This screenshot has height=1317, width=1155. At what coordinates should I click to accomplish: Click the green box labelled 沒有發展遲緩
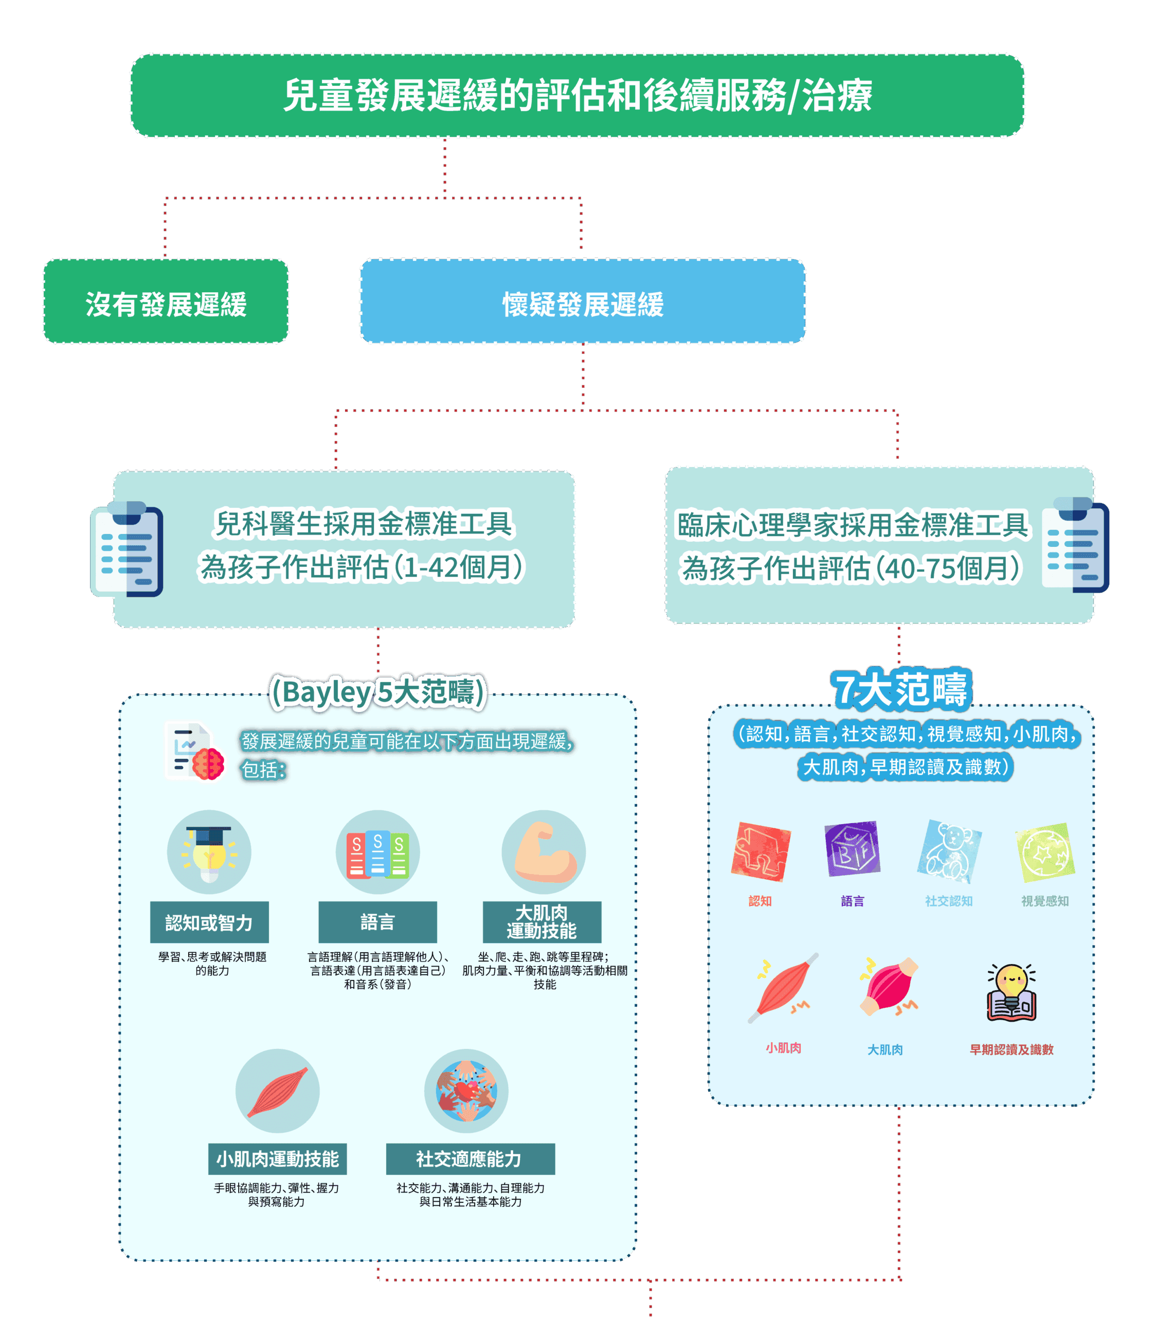point(166,301)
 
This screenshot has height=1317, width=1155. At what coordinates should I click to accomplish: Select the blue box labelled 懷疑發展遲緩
point(582,301)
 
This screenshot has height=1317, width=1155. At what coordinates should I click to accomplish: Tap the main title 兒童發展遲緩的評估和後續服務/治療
point(577,95)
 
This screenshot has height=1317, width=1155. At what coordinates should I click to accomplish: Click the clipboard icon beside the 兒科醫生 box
point(128,549)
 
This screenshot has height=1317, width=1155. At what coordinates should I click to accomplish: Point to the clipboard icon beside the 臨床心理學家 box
point(1074,546)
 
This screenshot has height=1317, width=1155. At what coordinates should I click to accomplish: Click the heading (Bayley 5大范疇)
point(377,692)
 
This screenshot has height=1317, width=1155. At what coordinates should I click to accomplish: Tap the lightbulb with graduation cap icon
point(209,852)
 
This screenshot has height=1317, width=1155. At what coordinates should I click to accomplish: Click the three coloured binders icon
point(377,852)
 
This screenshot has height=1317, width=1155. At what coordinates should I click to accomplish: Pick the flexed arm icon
point(544,852)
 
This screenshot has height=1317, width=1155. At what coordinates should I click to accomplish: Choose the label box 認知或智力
point(209,922)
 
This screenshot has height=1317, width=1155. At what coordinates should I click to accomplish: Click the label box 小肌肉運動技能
point(277,1159)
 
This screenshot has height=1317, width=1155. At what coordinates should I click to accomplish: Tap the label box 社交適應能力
point(470,1159)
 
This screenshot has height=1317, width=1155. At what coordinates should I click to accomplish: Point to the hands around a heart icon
point(466,1091)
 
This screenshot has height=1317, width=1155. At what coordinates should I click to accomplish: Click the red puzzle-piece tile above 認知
point(761,852)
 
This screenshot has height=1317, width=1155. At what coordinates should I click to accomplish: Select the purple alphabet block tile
point(852,849)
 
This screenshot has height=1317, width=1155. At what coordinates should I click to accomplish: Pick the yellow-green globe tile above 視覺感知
point(1044,852)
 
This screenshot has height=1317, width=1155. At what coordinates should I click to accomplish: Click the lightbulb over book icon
point(1012,993)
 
